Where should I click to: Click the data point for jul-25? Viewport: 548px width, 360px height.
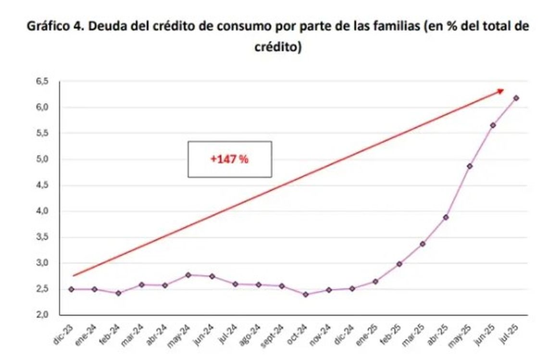(516, 98)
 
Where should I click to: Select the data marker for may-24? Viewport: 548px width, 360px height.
(188, 275)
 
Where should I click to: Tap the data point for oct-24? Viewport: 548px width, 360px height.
(306, 294)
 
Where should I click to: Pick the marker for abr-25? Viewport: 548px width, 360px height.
(446, 217)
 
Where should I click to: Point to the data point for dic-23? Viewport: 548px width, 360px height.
(71, 289)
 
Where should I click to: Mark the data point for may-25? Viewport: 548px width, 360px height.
(470, 166)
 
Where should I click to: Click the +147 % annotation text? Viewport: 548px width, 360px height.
(229, 160)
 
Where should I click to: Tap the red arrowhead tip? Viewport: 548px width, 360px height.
(503, 90)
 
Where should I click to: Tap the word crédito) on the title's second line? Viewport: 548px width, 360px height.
(277, 48)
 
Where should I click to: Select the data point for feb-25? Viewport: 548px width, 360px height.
(399, 264)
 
